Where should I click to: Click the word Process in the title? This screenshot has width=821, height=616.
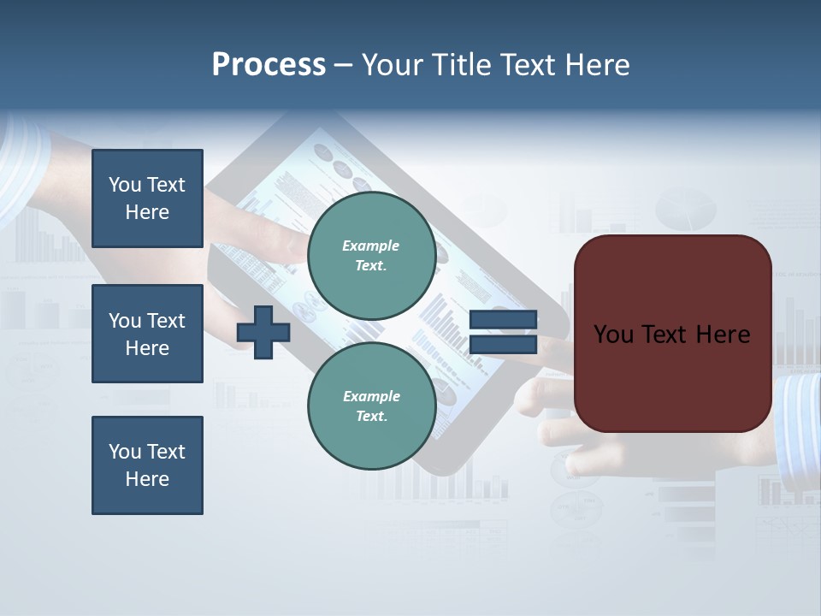pyautogui.click(x=269, y=65)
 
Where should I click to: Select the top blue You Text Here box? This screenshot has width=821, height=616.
pyautogui.click(x=147, y=198)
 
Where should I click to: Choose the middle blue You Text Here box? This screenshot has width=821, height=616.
pyautogui.click(x=147, y=334)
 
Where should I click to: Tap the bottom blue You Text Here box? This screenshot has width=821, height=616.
pyautogui.click(x=147, y=465)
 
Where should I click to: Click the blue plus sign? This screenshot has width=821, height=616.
pyautogui.click(x=263, y=332)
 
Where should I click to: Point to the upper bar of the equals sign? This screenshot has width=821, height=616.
pyautogui.click(x=503, y=320)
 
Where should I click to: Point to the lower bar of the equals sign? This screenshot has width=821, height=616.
pyautogui.click(x=503, y=344)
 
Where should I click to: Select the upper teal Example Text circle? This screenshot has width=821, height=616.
pyautogui.click(x=371, y=256)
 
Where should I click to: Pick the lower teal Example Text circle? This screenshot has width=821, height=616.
pyautogui.click(x=371, y=406)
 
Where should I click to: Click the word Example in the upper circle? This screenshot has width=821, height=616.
pyautogui.click(x=370, y=246)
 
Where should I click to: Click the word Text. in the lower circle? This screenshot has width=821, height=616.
pyautogui.click(x=371, y=417)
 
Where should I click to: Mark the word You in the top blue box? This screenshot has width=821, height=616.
pyautogui.click(x=125, y=185)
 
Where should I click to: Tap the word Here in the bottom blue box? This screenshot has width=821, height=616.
pyautogui.click(x=147, y=479)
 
